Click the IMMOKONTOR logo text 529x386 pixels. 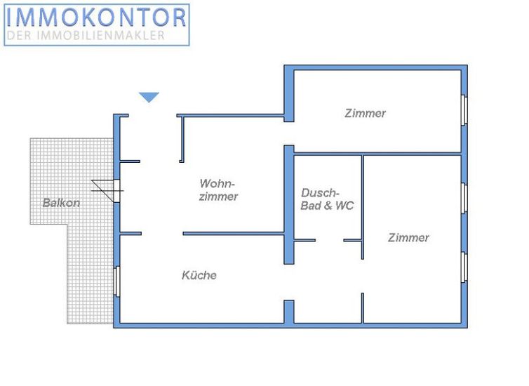[x=96, y=17]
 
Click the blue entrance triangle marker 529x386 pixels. [x=149, y=98]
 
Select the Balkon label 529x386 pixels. [x=61, y=203]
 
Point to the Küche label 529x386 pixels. [x=199, y=275]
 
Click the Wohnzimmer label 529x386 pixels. [x=218, y=189]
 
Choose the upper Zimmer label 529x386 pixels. [x=365, y=113]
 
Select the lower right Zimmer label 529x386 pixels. [x=408, y=237]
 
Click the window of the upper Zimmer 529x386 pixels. [x=464, y=110]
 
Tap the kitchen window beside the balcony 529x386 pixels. [x=116, y=281]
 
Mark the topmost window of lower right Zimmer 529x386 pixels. [x=464, y=197]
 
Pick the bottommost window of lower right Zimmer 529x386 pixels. [x=464, y=267]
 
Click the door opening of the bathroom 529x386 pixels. [x=329, y=241]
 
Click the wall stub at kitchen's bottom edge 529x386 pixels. [x=288, y=312]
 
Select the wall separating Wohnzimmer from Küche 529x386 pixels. [x=233, y=234]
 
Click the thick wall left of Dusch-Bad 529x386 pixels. [x=288, y=204]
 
